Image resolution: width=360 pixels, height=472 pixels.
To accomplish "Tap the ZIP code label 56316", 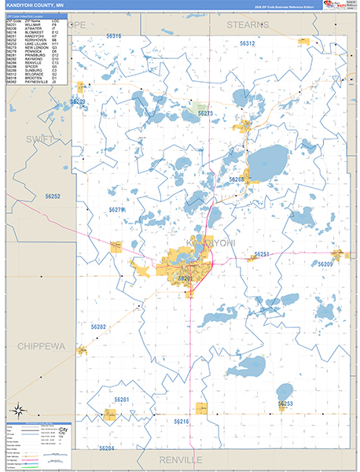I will click(113, 36).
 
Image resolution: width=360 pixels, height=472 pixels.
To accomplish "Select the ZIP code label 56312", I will click(248, 43).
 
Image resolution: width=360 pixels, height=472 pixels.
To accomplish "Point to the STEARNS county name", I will click(249, 24).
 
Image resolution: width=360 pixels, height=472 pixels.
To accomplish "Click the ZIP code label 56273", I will click(205, 113).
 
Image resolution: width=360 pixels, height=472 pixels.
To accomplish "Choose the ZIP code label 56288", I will click(237, 179).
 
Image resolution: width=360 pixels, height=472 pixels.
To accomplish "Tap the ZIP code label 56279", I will click(116, 210).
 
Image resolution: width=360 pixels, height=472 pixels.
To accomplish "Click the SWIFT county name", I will click(40, 139).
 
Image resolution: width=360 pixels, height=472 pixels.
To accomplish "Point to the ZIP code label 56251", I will click(263, 254).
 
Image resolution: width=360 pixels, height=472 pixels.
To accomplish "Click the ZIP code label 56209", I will click(325, 264).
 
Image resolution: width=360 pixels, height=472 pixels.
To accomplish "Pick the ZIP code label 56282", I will click(98, 326).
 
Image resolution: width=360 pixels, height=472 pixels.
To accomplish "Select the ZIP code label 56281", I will click(121, 400).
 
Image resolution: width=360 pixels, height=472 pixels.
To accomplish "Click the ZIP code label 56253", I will click(285, 404).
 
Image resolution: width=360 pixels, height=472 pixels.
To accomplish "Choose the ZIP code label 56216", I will click(182, 422).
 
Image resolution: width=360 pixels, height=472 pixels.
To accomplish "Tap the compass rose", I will click(19, 409).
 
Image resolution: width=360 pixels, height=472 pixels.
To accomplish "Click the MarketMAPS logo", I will click(336, 6).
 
